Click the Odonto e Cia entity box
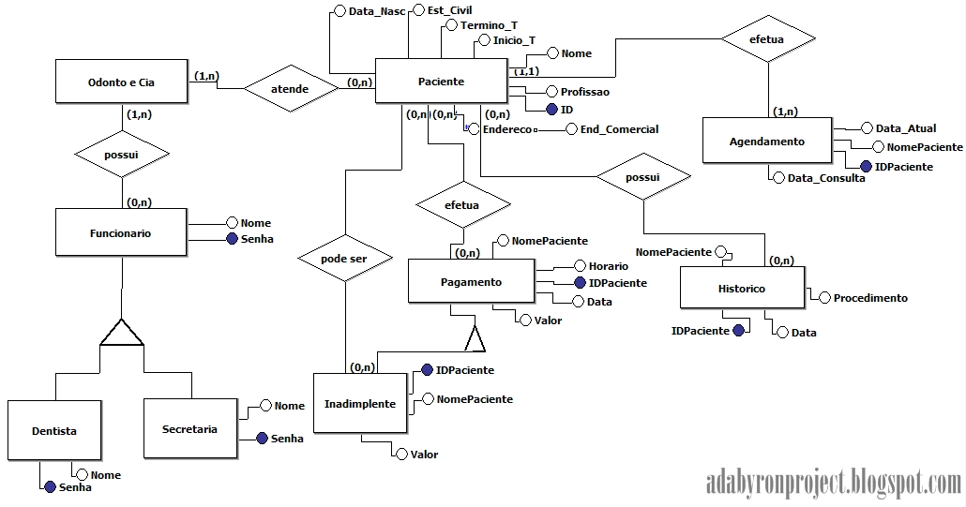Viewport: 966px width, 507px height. click(121, 82)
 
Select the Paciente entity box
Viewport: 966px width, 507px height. click(441, 81)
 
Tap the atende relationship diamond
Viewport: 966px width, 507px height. click(290, 89)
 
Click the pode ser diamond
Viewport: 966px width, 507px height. click(344, 259)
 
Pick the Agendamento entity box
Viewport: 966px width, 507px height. click(767, 141)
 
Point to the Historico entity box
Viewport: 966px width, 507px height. click(743, 288)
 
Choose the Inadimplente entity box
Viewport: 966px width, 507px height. click(360, 404)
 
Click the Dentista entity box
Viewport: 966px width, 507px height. click(54, 431)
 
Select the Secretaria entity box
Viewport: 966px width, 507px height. click(190, 429)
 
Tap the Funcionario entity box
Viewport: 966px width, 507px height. click(121, 232)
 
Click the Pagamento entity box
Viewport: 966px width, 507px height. click(472, 281)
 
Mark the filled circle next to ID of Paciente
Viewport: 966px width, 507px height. click(551, 110)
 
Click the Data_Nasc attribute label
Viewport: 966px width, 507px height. click(377, 11)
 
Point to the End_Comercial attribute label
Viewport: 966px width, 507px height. click(619, 129)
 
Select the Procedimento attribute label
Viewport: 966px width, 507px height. click(870, 298)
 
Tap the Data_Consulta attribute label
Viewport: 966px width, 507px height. click(826, 178)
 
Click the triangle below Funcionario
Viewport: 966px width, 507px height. click(121, 333)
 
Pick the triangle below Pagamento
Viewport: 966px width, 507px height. click(475, 338)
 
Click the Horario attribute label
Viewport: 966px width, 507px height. click(609, 266)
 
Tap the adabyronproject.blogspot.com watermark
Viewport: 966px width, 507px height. click(834, 481)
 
